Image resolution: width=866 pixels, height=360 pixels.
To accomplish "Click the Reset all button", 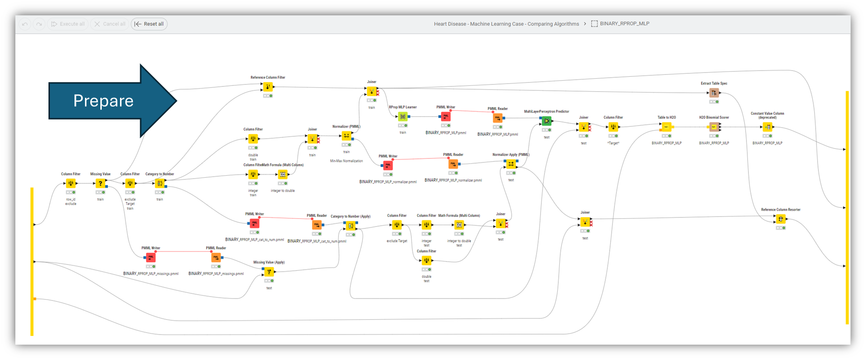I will point(149,24).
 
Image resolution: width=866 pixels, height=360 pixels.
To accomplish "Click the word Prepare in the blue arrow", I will point(103,101).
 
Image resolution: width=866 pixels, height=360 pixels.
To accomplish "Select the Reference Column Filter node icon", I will point(268,87).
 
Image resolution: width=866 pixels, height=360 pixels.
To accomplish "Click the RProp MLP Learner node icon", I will point(403,117).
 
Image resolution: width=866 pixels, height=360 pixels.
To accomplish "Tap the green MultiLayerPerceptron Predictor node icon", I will point(546,121).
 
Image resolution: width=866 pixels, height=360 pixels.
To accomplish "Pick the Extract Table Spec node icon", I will point(714,93).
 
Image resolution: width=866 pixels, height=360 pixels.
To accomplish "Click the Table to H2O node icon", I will point(666,127).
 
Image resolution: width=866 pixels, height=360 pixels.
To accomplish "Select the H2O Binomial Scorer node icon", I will point(714,127).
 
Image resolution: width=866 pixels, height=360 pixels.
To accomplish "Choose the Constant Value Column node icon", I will point(767,127).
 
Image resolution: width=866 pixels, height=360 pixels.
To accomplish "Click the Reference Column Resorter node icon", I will point(781,219).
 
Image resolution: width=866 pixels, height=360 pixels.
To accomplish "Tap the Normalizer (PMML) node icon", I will point(346,136).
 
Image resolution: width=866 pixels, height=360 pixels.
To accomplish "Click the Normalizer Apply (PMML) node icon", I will point(511,164).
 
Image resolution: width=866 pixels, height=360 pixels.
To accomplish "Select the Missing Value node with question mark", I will point(100,183).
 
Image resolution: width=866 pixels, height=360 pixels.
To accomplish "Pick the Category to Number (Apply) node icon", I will point(350,226).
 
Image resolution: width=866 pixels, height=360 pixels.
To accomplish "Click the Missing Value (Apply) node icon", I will point(269,272).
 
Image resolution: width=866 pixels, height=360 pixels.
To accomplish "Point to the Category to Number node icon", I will point(160,183).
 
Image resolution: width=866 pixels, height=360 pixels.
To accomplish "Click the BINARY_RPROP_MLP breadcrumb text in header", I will point(624,24).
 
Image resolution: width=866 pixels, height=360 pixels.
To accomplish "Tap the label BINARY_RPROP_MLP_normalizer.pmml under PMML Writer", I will point(388,182).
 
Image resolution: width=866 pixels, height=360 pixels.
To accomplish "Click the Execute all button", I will point(68,24).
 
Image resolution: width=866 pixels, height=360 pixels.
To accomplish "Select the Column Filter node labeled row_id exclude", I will point(71,183).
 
